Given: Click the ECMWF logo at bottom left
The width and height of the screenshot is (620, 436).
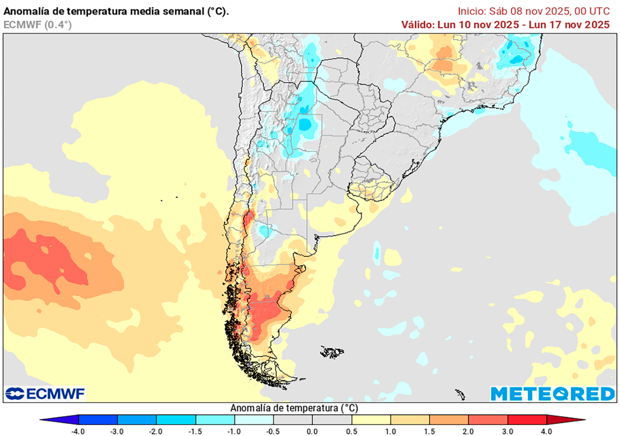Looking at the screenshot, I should click(45, 394).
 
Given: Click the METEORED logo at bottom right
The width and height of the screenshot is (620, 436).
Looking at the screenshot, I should click(552, 394).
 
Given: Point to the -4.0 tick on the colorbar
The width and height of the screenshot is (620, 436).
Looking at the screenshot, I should click(78, 431).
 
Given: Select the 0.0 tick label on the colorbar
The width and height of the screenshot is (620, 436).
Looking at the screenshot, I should click(312, 431).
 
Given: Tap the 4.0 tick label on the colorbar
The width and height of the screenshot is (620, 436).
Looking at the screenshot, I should click(547, 431).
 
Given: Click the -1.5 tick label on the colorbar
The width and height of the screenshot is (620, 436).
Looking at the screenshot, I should click(196, 431).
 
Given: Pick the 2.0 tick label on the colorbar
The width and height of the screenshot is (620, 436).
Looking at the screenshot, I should click(469, 431).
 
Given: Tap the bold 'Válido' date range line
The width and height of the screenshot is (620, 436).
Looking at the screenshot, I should click(505, 24).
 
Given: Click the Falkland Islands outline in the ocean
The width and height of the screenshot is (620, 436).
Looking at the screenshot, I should click(332, 351).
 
